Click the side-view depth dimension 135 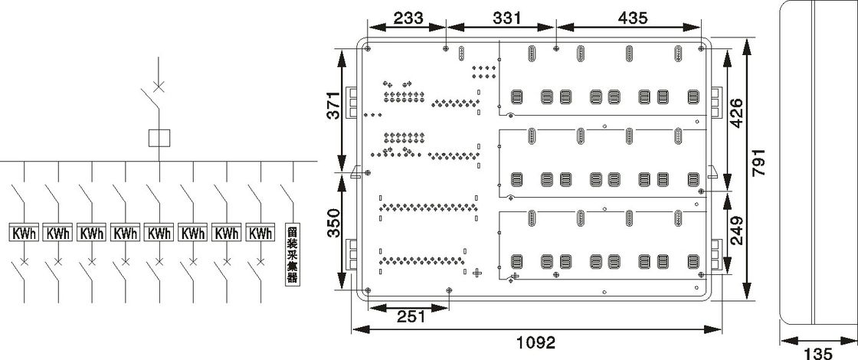click(819, 353)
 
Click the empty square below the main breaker click(159, 138)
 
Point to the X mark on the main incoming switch click(159, 84)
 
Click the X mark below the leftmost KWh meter click(25, 262)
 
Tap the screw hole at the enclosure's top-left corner click(368, 48)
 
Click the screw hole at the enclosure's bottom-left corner click(368, 290)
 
